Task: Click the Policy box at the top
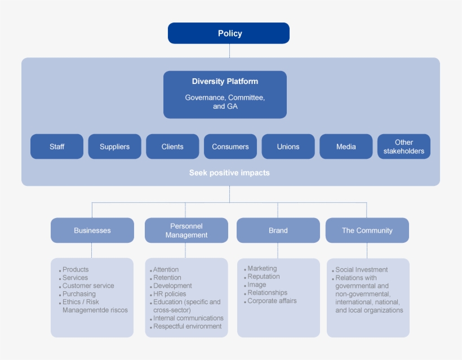click(229, 33)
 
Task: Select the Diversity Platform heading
click(225, 82)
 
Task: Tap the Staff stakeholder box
click(57, 146)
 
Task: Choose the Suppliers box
click(114, 146)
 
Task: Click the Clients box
click(172, 146)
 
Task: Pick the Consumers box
click(230, 146)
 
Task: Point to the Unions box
click(288, 146)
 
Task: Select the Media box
click(346, 146)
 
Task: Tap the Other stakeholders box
click(403, 146)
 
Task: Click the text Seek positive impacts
click(229, 173)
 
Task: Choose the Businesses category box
click(92, 230)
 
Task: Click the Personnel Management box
click(186, 230)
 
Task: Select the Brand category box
click(278, 230)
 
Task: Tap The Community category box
click(367, 230)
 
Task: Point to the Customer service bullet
click(88, 286)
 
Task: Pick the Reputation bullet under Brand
click(263, 277)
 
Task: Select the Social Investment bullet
click(361, 270)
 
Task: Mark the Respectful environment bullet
click(187, 326)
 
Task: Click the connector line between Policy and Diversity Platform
click(229, 51)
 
